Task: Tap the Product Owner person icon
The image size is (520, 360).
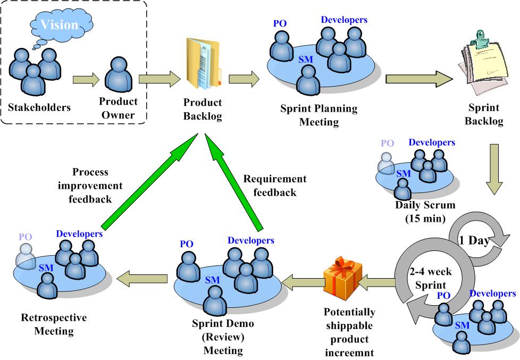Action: click(118, 74)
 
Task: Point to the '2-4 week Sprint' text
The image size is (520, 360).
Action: click(431, 278)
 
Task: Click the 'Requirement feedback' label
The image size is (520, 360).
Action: click(275, 186)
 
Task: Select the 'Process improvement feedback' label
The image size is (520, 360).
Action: click(90, 186)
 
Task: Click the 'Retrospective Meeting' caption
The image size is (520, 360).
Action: click(54, 324)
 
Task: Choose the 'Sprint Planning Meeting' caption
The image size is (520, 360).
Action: click(319, 115)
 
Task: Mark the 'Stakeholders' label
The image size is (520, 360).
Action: click(39, 107)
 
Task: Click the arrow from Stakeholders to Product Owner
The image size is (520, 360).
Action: click(86, 80)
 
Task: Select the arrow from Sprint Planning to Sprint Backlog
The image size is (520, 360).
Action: click(419, 79)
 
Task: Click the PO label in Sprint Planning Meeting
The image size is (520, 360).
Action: click(280, 24)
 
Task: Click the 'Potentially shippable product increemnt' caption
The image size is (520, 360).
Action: click(349, 332)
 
